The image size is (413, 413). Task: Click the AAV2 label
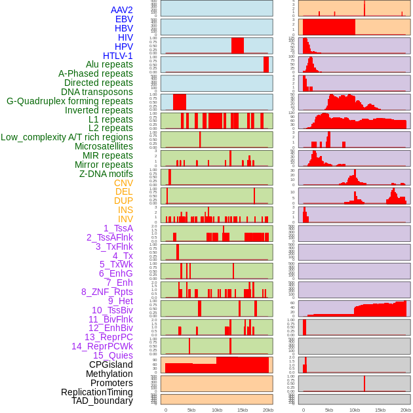point(122,10)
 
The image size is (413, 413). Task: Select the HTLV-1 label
point(118,56)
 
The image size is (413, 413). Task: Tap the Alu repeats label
point(109,64)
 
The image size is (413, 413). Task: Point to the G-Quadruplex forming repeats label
point(69,101)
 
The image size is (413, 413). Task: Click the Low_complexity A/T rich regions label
point(67,137)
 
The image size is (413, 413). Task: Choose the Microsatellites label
point(104,146)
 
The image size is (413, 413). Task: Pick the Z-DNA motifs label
point(106,174)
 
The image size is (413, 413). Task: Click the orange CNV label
point(123,183)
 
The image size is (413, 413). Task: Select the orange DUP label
point(123,201)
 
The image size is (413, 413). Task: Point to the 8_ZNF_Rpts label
point(107,292)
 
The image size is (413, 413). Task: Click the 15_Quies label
point(113,355)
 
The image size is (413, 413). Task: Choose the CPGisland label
point(111,364)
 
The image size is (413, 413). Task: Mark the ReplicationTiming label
point(96,392)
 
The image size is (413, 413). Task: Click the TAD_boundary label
point(102,401)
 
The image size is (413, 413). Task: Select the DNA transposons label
point(97,92)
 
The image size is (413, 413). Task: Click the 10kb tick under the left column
point(217,410)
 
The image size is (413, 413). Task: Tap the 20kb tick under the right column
point(406,410)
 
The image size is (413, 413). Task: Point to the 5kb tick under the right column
point(328,410)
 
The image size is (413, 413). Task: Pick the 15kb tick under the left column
point(243,410)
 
